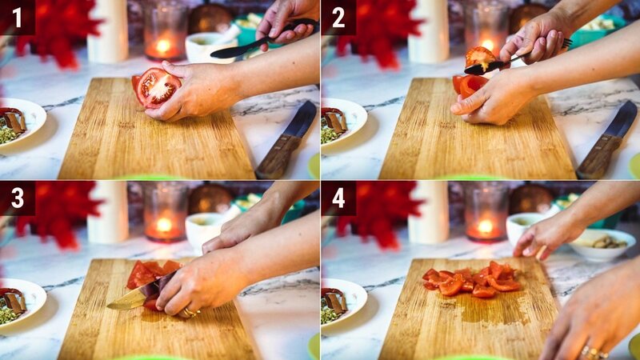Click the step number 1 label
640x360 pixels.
click(x=17, y=17)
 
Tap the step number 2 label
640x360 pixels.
click(x=338, y=17)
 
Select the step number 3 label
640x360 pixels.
click(x=17, y=198)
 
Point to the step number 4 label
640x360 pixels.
click(x=338, y=198)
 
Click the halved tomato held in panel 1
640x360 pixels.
click(x=157, y=87)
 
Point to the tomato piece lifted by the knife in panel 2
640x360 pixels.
click(x=480, y=57)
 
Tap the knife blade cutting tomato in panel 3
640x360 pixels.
click(x=136, y=297)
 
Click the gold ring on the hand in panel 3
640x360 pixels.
click(x=190, y=312)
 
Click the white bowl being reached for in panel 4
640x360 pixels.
click(x=604, y=245)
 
